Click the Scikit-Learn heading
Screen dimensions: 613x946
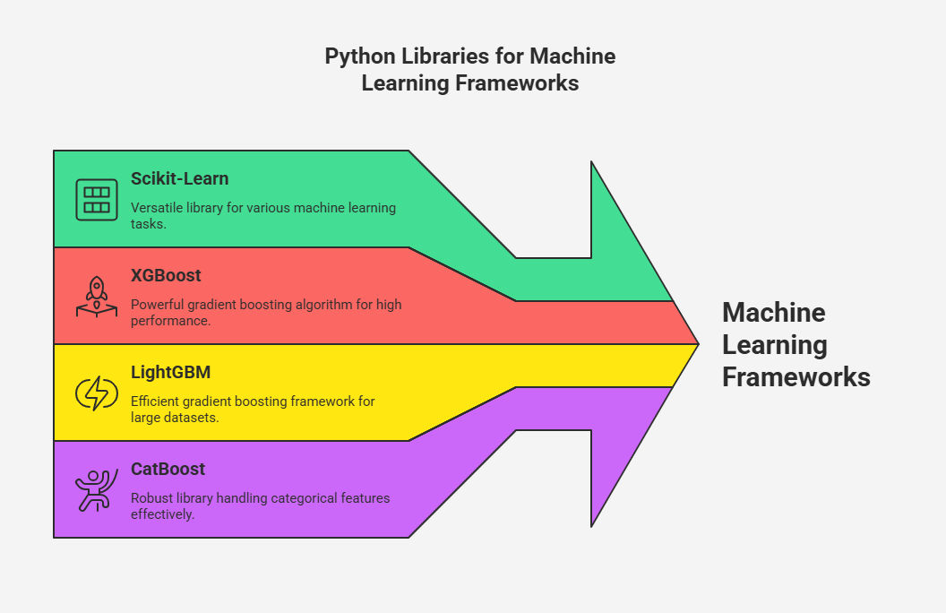pos(179,179)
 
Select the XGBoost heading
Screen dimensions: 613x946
pos(166,276)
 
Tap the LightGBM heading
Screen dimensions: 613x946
pos(171,373)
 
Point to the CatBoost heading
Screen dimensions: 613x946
pos(168,470)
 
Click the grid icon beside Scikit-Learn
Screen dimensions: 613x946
pos(96,200)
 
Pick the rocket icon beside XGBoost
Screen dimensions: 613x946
pos(96,297)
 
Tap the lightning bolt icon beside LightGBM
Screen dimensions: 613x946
pos(96,393)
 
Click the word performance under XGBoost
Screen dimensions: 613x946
pos(170,320)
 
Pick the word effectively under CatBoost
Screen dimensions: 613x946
pos(161,514)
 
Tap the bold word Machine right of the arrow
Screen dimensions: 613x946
pos(773,313)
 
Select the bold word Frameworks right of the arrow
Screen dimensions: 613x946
pos(796,377)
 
